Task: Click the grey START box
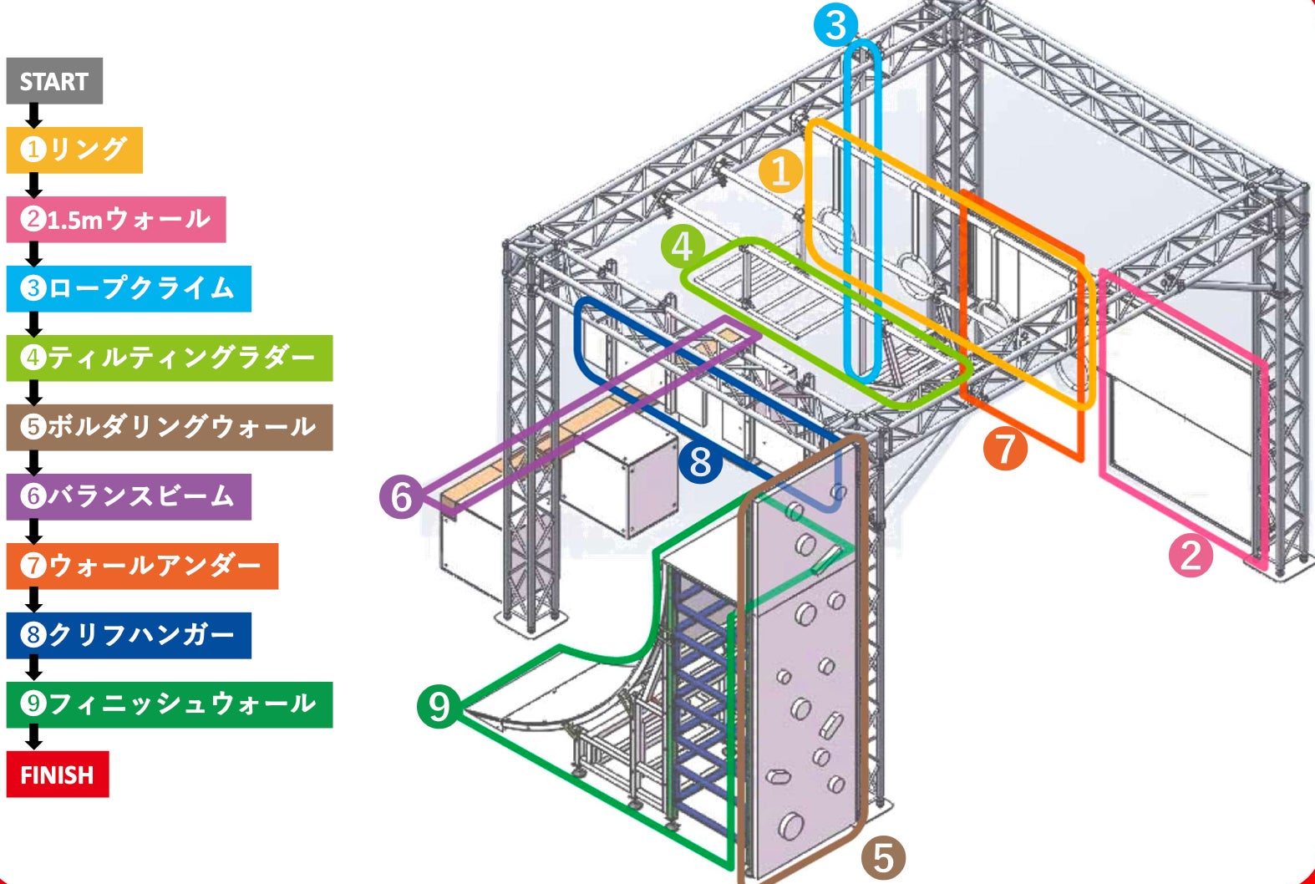click(54, 81)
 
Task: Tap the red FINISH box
click(57, 775)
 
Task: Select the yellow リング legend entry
click(74, 150)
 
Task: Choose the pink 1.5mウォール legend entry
click(115, 220)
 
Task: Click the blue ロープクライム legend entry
click(129, 289)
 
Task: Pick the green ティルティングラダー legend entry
click(169, 358)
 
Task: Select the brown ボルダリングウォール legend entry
click(169, 428)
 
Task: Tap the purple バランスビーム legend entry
click(129, 497)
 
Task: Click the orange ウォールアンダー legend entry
click(142, 566)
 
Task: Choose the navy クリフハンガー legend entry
click(129, 636)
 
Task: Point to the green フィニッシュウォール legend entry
click(169, 704)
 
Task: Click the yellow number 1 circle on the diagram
click(781, 171)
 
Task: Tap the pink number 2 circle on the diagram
click(1191, 555)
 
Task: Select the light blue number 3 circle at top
click(836, 26)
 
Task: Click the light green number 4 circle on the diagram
click(683, 247)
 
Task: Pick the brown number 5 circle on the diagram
click(883, 857)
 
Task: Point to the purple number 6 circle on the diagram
click(401, 495)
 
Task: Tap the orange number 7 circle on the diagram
click(1005, 448)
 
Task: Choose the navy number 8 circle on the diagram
click(700, 461)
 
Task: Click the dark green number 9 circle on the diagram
click(439, 706)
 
